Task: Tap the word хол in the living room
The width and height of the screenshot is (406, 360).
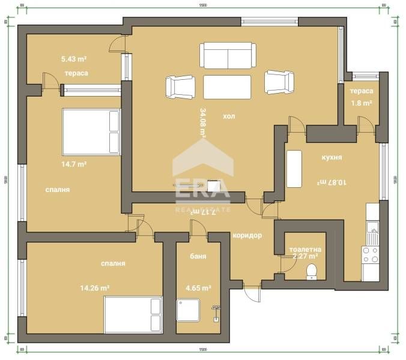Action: click(229, 116)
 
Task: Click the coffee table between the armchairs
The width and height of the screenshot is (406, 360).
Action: click(227, 86)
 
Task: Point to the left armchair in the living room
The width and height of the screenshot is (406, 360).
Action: click(180, 86)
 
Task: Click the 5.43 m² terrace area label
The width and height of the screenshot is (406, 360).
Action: click(74, 59)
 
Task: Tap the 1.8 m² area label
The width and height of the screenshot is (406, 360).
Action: click(361, 103)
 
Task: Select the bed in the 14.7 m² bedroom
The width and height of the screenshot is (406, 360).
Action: click(91, 131)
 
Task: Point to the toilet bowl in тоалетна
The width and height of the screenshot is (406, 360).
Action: click(311, 272)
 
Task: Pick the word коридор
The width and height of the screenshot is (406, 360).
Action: click(247, 235)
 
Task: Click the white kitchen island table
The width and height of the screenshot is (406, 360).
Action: click(294, 169)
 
